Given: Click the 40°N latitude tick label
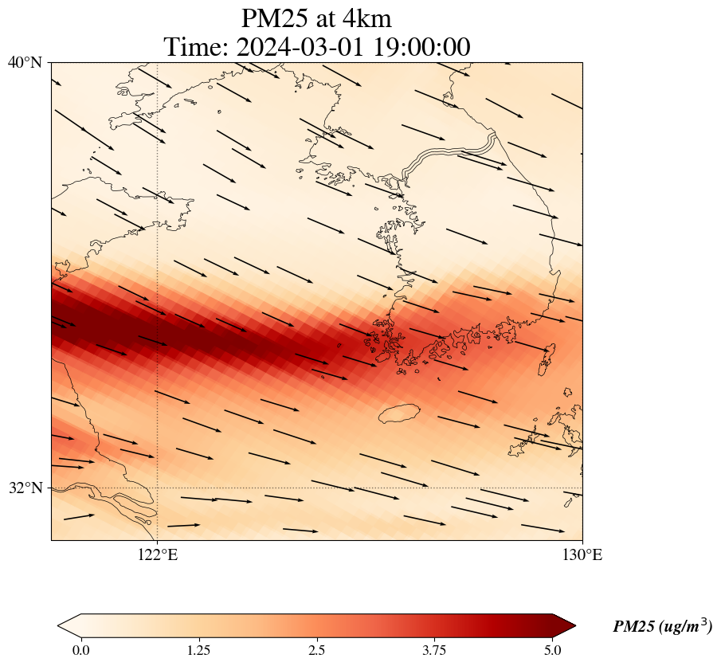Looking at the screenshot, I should pos(25,62).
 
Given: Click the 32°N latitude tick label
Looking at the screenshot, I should pos(25,488).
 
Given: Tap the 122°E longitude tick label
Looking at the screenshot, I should pos(158,554).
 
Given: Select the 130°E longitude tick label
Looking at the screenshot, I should pos(582,554).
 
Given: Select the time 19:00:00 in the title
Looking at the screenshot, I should pos(420,47).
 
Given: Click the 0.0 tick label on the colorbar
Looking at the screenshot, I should pos(80,650).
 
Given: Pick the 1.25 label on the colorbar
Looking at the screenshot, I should pos(198,650).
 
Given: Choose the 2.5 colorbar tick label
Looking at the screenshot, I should pos(317,650).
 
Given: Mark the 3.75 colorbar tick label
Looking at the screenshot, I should pos(435,650).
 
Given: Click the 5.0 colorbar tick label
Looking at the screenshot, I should pos(553,650).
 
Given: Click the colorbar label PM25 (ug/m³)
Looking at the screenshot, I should pos(662,627).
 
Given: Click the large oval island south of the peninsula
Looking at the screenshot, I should pos(399,413).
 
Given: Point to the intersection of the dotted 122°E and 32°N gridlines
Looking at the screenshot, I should pos(158,488).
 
